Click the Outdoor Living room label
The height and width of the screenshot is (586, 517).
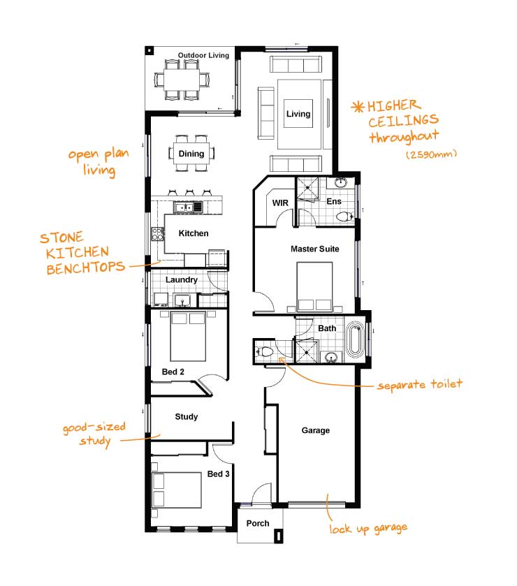coord(203,55)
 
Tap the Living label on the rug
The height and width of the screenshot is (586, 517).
coord(298,114)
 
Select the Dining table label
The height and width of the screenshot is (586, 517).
coord(191,154)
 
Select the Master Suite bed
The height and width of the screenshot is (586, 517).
coord(314,286)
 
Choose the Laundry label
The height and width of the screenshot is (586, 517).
coord(182,280)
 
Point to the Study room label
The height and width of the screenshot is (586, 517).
coord(187,417)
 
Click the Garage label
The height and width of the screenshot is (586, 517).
coord(316,431)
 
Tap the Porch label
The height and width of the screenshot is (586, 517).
coord(258,523)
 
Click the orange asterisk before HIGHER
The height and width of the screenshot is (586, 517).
coord(358,107)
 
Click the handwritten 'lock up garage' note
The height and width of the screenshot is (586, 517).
coord(368,528)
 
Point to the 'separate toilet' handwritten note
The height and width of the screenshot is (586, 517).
coord(419,385)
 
